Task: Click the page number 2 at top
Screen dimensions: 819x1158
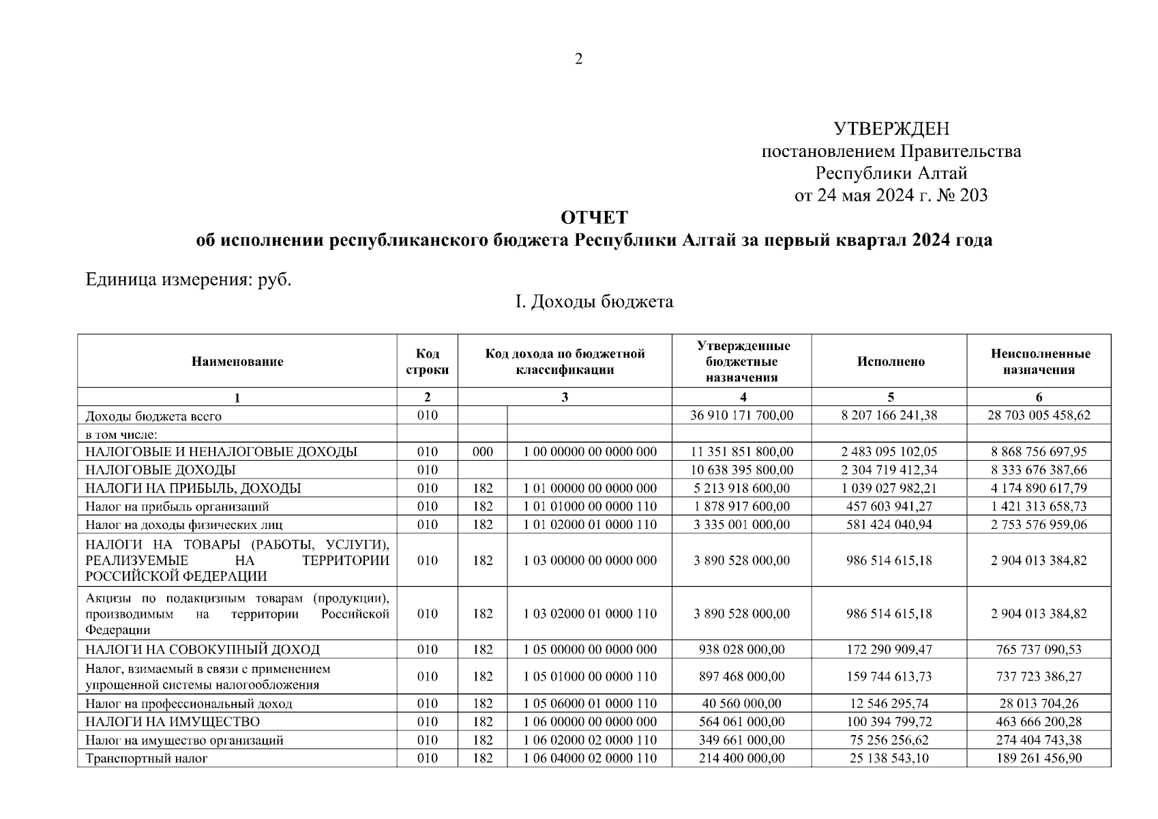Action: coord(578,59)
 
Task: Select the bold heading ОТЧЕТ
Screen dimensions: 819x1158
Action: coord(593,218)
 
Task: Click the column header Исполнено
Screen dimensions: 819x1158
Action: coord(890,362)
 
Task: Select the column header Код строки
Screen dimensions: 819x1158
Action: coord(428,362)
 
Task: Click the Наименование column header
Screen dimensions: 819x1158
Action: coord(237,362)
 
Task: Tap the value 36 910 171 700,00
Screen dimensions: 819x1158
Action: coord(741,416)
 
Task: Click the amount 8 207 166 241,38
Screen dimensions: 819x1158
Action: coord(889,416)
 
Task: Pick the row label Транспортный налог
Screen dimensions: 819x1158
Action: coord(146,758)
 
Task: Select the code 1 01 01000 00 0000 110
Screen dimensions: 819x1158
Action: coord(590,506)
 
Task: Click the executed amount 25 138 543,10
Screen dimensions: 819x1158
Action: coord(889,758)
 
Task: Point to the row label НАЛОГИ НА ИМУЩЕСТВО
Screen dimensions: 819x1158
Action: coord(173,722)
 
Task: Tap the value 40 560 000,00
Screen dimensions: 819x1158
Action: coord(741,704)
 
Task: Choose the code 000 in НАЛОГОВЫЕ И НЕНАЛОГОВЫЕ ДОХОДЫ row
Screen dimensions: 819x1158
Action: coord(482,452)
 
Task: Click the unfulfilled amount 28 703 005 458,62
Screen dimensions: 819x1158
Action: coord(1039,416)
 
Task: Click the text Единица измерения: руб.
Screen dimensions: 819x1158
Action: coord(188,280)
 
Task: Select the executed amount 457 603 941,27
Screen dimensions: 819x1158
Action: coord(889,506)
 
